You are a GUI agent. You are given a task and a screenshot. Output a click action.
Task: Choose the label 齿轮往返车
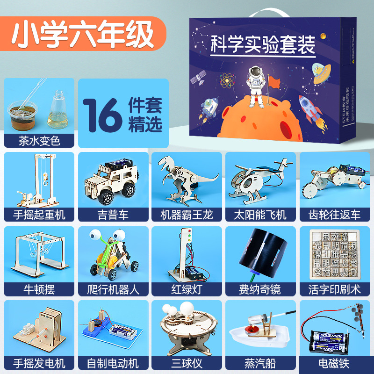[x=335, y=215]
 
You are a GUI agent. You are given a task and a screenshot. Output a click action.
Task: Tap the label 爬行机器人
[x=113, y=289]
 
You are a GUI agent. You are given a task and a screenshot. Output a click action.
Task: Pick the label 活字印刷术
[x=335, y=289]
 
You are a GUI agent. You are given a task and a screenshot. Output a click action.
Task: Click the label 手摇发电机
[x=39, y=363]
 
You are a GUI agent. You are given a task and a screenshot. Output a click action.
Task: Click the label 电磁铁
[x=335, y=363]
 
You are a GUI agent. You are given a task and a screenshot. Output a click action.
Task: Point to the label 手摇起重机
[x=39, y=215]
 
